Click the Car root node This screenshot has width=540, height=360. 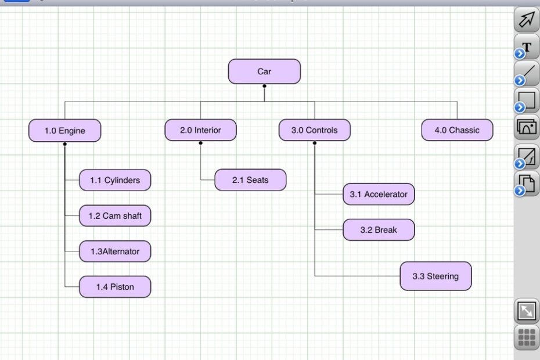264,71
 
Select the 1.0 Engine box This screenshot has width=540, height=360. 64,131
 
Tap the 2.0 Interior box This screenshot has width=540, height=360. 200,130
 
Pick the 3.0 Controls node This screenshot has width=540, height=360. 314,130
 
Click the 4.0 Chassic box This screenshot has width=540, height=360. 457,130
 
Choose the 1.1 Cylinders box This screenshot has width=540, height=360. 115,180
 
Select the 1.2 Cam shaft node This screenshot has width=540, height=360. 115,216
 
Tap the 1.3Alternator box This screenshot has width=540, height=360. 115,251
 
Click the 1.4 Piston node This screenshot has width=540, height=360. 115,287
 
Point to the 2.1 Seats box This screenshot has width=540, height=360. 250,180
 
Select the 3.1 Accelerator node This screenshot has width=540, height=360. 379,195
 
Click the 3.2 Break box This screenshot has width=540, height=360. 379,230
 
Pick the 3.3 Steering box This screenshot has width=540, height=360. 435,276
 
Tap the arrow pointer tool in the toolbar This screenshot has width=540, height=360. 526,20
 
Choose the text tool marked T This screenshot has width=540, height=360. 527,47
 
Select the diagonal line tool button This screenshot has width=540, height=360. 527,74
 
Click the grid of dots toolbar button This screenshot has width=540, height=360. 527,337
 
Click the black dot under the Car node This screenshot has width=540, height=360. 264,86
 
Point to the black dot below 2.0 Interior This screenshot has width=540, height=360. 200,143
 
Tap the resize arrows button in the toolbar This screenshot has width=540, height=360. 527,311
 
